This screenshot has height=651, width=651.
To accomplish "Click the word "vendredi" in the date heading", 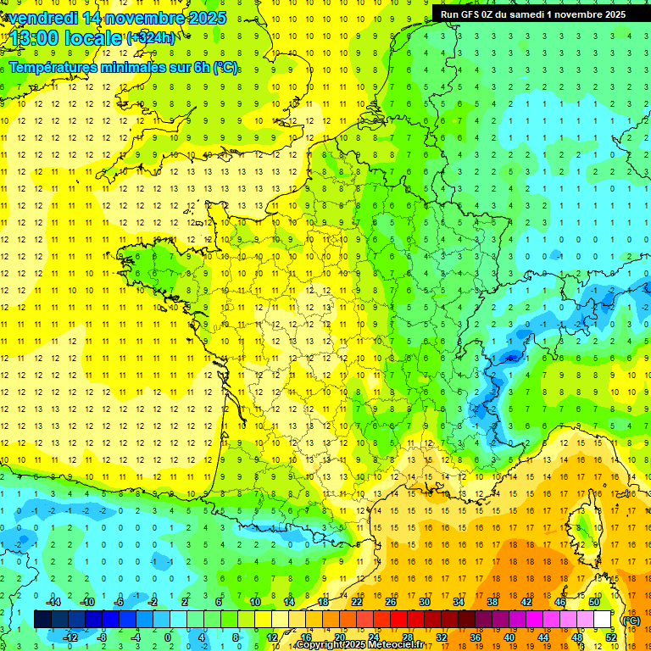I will pyautogui.click(x=39, y=18).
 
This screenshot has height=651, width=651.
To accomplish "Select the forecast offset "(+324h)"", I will pyautogui.click(x=151, y=38).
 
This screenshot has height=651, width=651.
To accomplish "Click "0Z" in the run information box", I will pyautogui.click(x=499, y=14).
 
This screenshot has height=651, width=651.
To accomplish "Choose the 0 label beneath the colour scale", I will pyautogui.click(x=168, y=637).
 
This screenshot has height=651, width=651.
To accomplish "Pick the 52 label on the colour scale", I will pyautogui.click(x=610, y=637).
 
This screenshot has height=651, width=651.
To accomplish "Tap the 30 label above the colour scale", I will pyautogui.click(x=424, y=602).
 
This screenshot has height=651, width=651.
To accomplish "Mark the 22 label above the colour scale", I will pyautogui.click(x=357, y=602).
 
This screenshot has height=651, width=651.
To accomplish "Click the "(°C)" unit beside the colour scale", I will pyautogui.click(x=631, y=620).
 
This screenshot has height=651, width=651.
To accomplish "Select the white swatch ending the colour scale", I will pyautogui.click(x=602, y=620).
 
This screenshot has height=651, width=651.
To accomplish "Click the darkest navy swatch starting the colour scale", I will pyautogui.click(x=42, y=620).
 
